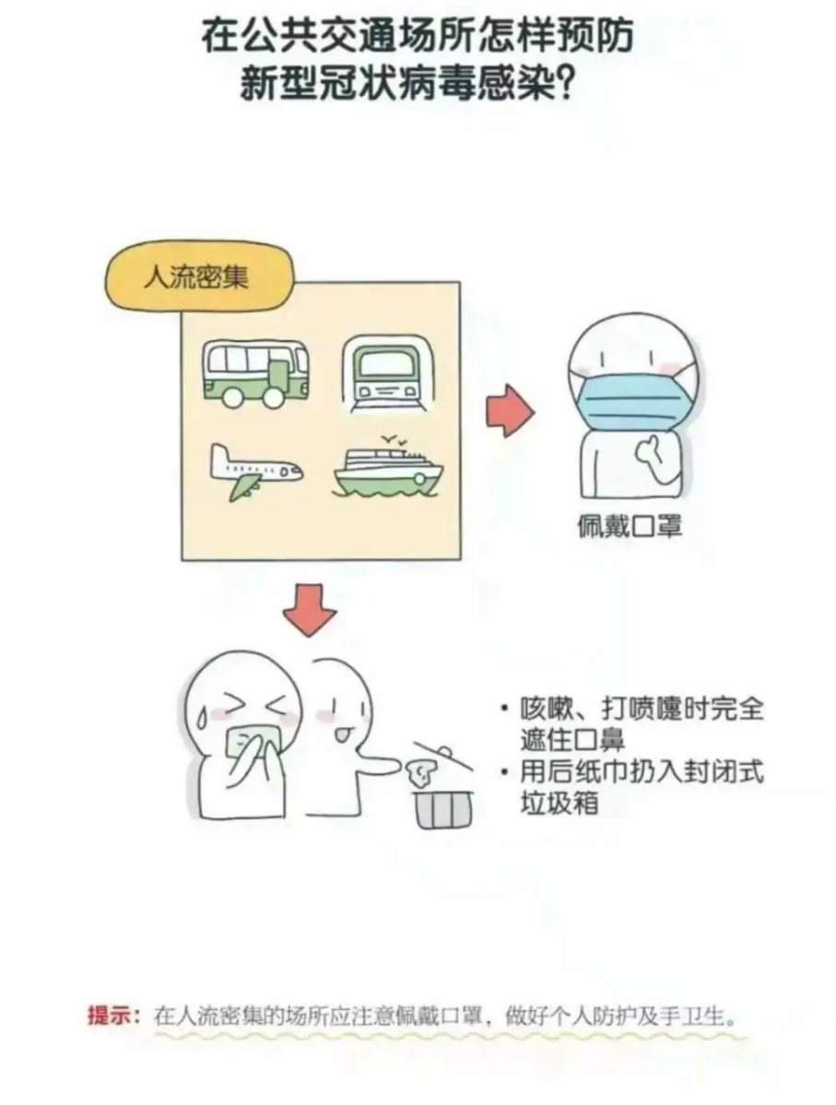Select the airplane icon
click(253, 470)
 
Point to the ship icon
click(386, 471)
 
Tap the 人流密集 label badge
click(195, 276)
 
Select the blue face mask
click(630, 397)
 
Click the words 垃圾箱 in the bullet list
click(559, 802)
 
